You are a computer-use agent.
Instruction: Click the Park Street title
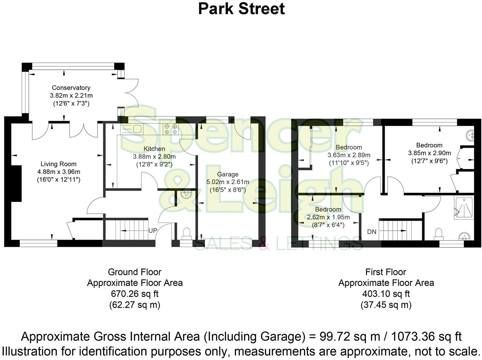tap(241, 9)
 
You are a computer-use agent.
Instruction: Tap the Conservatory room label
tap(71, 88)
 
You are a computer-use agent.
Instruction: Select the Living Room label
tap(58, 164)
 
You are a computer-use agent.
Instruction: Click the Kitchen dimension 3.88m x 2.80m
tap(154, 156)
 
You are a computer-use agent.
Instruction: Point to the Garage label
tap(228, 174)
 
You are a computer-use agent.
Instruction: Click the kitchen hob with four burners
tap(170, 129)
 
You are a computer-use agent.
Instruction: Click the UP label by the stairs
tap(153, 231)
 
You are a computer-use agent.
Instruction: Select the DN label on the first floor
tap(371, 232)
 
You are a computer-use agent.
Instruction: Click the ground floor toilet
tap(186, 233)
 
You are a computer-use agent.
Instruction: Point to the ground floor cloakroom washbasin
tap(186, 195)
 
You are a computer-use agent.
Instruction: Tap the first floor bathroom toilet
tap(438, 233)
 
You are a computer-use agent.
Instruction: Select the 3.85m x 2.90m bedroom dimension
tap(429, 153)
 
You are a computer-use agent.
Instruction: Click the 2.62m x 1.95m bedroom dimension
tap(328, 217)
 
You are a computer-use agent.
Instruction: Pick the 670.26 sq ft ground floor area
tap(135, 294)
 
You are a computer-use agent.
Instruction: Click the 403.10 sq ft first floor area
tap(386, 294)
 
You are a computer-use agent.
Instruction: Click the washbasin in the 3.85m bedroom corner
tap(470, 135)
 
